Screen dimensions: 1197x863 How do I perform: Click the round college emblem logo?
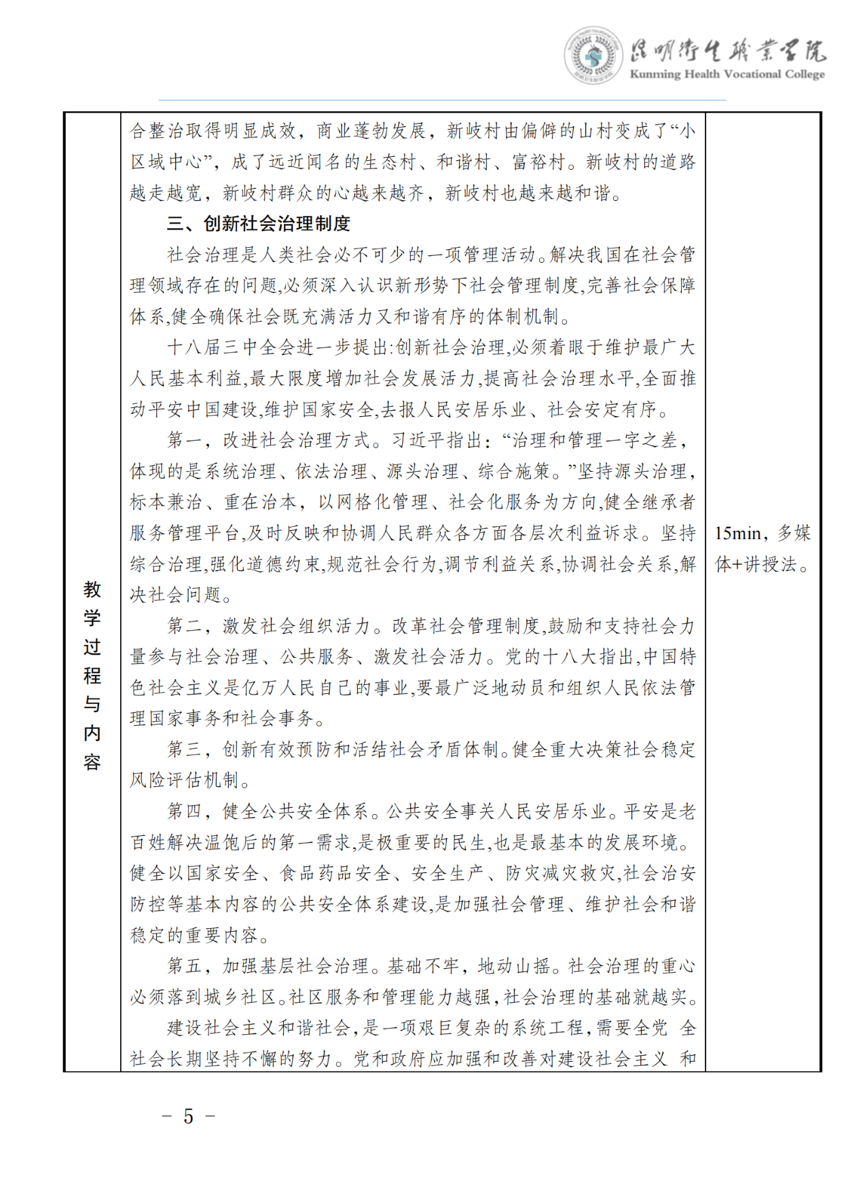[x=593, y=55]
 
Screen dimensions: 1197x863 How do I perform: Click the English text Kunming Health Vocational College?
[x=727, y=74]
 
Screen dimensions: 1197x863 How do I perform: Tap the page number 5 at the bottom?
[x=188, y=1116]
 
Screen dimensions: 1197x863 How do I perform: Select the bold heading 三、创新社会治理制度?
[x=259, y=223]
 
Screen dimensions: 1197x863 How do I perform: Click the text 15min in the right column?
[x=737, y=533]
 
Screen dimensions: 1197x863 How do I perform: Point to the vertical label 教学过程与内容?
[x=92, y=675]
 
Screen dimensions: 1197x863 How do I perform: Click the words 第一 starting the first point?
[x=185, y=440]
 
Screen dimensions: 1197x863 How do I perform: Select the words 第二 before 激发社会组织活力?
[x=185, y=625]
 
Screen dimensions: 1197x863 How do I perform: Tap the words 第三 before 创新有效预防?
[x=185, y=749]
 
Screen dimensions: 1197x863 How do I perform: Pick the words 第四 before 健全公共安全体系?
[x=185, y=811]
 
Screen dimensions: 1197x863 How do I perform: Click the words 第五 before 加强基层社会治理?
[x=185, y=965]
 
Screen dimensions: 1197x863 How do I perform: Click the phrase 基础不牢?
[x=424, y=965]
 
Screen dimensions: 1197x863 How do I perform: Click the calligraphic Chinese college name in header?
[x=727, y=50]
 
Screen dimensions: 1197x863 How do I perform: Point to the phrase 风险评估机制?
[x=184, y=780]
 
